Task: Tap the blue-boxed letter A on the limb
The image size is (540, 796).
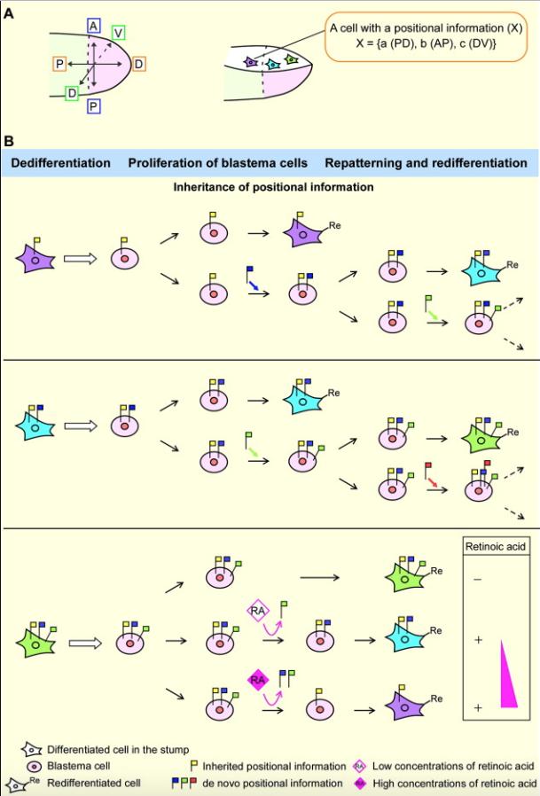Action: pos(93,25)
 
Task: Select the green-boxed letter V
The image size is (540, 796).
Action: pos(118,32)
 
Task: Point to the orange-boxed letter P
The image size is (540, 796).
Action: pos(59,64)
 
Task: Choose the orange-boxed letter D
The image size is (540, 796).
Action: pos(141,64)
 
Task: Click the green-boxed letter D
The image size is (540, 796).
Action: pos(71,93)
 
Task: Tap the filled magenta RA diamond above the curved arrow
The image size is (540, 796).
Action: pos(258,681)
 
